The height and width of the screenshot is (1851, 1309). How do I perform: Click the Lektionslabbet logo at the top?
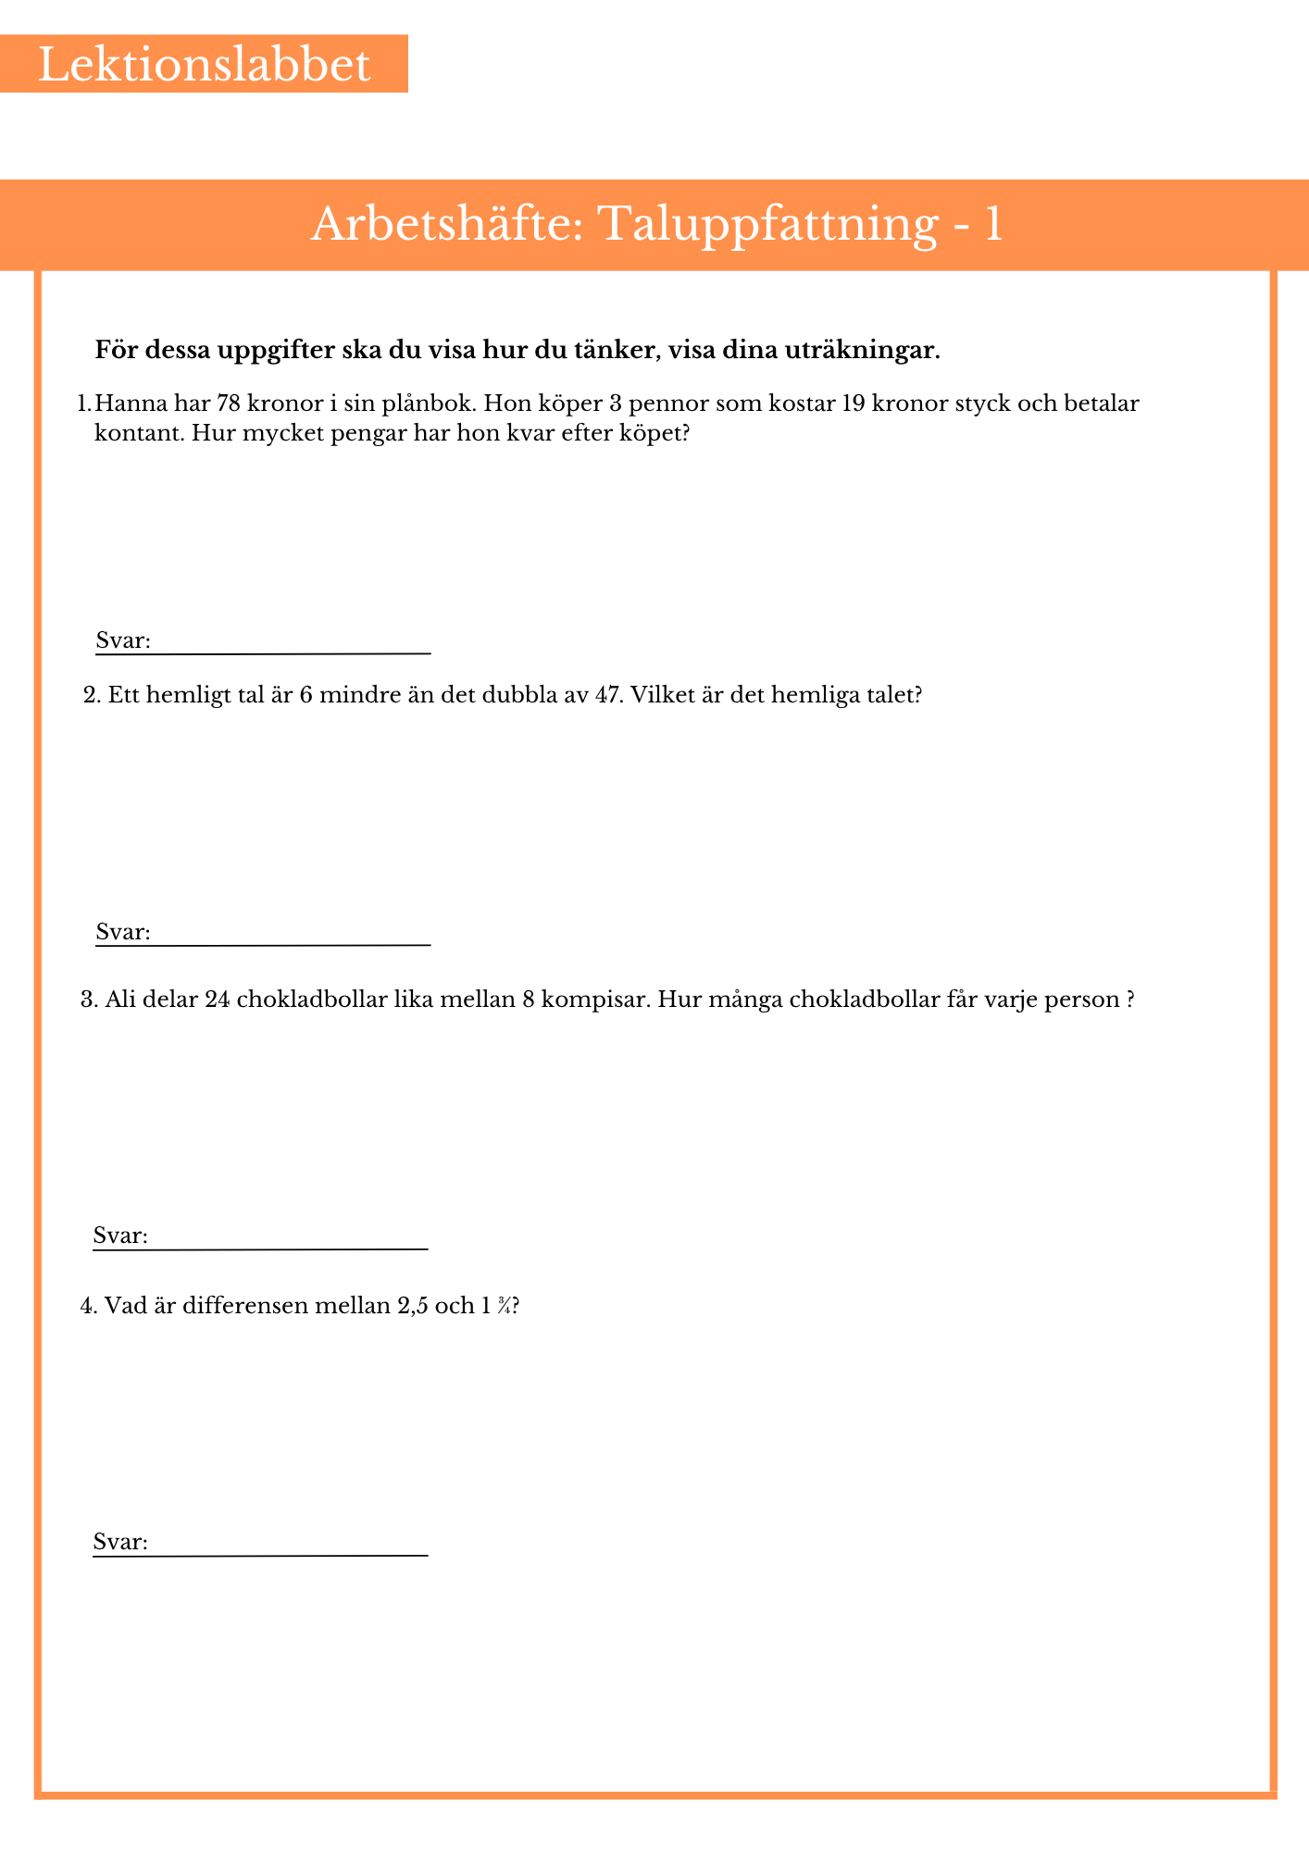(x=204, y=65)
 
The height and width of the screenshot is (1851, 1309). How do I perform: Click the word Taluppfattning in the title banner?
(x=767, y=225)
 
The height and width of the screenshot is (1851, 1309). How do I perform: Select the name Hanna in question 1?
(x=126, y=404)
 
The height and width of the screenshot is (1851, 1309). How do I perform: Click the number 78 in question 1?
(x=229, y=404)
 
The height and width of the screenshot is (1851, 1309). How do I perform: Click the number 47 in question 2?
(x=603, y=696)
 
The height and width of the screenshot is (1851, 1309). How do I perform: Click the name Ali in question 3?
(x=120, y=1000)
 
